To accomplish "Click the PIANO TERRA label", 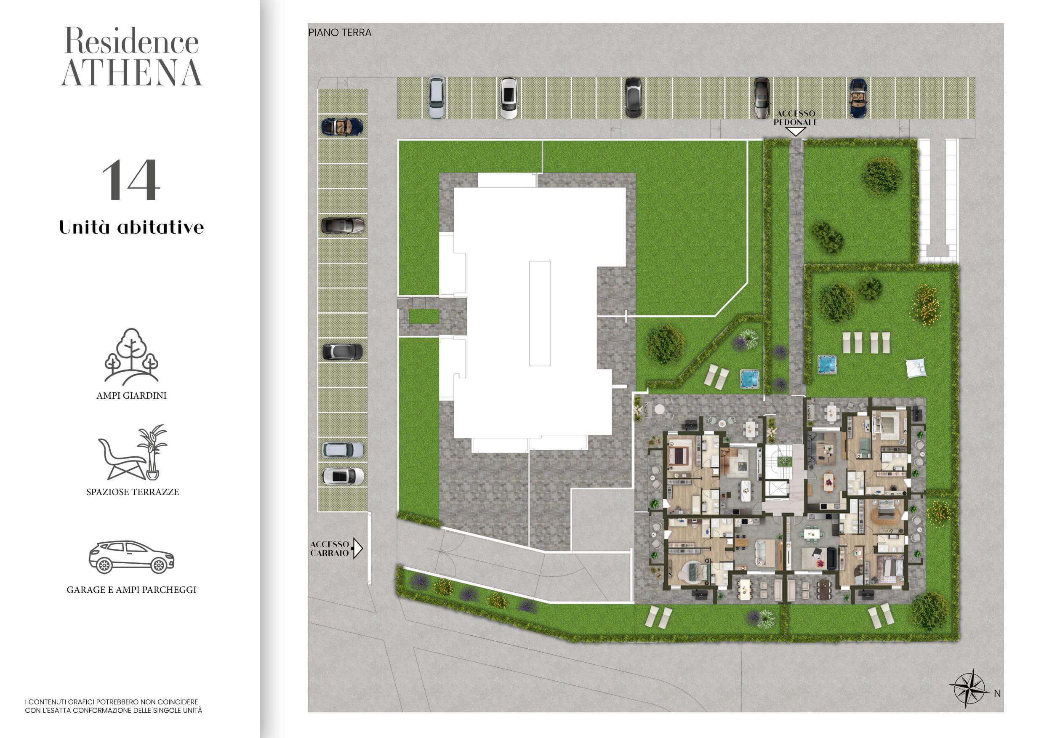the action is pyautogui.click(x=340, y=33).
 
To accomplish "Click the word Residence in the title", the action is pyautogui.click(x=132, y=41).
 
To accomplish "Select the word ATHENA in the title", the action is pyautogui.click(x=131, y=73).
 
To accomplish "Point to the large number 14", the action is pyautogui.click(x=131, y=180).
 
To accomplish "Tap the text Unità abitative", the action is pyautogui.click(x=131, y=227).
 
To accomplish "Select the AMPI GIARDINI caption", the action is pyautogui.click(x=131, y=396).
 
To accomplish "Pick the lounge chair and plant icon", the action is pyautogui.click(x=133, y=453).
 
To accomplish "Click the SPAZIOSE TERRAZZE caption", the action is pyautogui.click(x=133, y=492).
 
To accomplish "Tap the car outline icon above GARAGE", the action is pyautogui.click(x=131, y=557).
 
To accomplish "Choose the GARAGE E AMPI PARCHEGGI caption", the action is pyautogui.click(x=131, y=590).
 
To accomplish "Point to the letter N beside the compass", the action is pyautogui.click(x=997, y=693).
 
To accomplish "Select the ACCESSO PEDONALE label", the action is pyautogui.click(x=796, y=118).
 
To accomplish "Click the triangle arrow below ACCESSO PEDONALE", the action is pyautogui.click(x=796, y=132).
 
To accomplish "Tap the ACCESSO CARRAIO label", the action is pyautogui.click(x=330, y=549).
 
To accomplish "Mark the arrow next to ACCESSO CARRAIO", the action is pyautogui.click(x=358, y=549).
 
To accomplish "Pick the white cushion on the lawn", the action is pyautogui.click(x=915, y=368).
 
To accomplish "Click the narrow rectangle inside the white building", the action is pyautogui.click(x=540, y=313).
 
